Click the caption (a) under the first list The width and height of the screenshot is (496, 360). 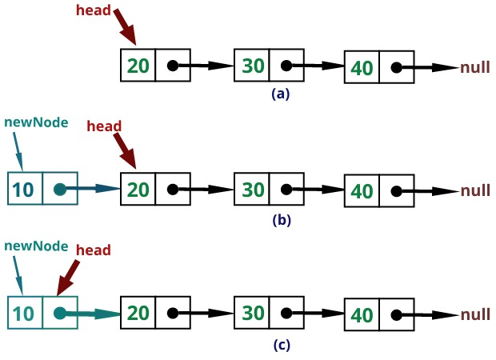pos(280,94)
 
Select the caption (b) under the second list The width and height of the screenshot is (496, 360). pos(280,219)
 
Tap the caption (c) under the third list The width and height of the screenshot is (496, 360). pos(280,345)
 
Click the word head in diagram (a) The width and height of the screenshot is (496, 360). pos(93,10)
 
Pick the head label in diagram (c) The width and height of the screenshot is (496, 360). pos(93,250)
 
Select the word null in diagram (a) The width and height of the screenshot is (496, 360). pos(475,68)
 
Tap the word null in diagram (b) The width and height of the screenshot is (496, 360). pos(475,191)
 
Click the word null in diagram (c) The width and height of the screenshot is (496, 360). pos(475,314)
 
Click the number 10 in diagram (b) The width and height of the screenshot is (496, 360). pos(24,190)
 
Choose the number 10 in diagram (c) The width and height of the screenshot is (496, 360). pos(24,314)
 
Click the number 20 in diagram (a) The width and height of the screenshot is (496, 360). pos(138,66)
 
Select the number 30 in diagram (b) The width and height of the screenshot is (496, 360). pos(253,190)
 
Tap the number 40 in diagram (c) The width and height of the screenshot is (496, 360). pos(362,315)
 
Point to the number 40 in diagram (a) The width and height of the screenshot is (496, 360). pos(362,69)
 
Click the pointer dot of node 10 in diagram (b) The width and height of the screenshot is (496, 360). pos(59,190)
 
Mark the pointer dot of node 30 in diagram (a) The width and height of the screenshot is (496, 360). pos(286,66)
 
